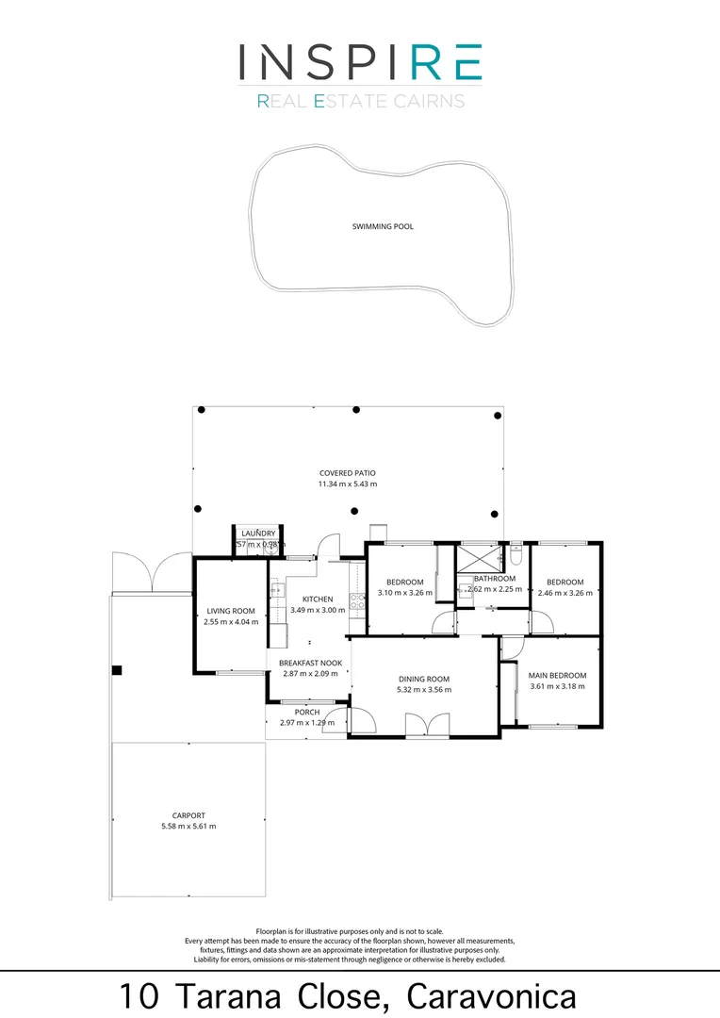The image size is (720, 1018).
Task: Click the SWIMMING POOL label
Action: coord(383,226)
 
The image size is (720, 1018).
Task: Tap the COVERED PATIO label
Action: coord(347,473)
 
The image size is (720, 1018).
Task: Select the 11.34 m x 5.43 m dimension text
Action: coord(347,484)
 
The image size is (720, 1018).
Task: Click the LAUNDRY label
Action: coord(257,534)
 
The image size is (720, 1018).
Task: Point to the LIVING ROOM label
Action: coord(231,611)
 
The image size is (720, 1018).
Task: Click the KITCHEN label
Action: coord(318,599)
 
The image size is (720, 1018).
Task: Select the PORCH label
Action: coord(306,712)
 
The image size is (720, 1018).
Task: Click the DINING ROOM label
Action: coord(423,679)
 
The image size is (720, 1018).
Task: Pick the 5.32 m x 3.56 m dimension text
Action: coord(423,690)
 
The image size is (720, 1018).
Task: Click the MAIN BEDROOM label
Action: coord(557,675)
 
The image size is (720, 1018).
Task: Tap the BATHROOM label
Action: coord(495,579)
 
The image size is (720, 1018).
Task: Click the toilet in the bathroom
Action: coord(515,555)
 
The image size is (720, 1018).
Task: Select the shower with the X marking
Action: coord(479,557)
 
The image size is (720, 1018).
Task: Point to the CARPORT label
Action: coord(188,815)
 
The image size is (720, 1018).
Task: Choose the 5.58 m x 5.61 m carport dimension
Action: coord(188,827)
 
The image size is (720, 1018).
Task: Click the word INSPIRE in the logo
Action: coord(360,61)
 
